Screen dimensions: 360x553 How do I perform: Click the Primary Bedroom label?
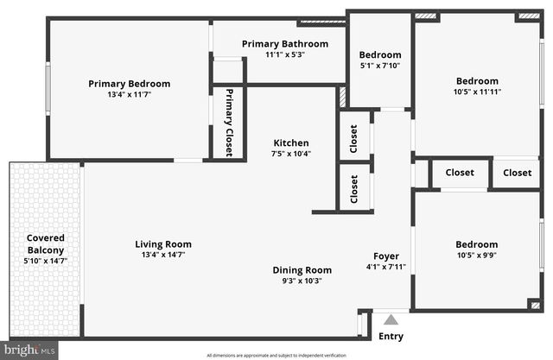click(x=130, y=84)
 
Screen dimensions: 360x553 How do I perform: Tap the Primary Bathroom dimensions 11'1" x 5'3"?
click(x=284, y=54)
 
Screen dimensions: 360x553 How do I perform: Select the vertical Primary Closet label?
click(x=229, y=122)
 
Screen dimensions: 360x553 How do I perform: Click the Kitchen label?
click(x=291, y=143)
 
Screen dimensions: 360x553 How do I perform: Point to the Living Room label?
click(x=163, y=244)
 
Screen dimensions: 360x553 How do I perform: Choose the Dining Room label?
click(x=302, y=269)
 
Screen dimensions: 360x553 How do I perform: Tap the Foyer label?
click(x=385, y=256)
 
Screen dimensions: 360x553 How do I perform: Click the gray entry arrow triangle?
click(x=391, y=319)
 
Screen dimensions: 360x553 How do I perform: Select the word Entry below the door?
click(x=391, y=336)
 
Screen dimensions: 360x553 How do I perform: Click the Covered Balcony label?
click(x=45, y=243)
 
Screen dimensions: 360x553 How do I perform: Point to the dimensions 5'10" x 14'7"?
click(x=45, y=261)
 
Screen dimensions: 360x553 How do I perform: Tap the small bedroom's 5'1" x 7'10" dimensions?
click(x=380, y=66)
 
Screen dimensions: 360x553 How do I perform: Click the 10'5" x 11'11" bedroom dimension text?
click(x=477, y=92)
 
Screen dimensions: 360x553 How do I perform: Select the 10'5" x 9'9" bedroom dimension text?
click(x=476, y=256)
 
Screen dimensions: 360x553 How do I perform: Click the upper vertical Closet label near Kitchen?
click(x=353, y=138)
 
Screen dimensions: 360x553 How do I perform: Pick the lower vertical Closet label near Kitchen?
click(x=353, y=188)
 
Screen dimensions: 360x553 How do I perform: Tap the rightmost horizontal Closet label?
click(x=517, y=173)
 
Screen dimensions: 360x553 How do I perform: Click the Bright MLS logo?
click(x=29, y=351)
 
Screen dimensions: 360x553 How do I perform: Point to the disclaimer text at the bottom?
click(x=276, y=355)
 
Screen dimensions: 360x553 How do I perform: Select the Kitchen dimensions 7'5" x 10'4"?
click(x=291, y=155)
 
